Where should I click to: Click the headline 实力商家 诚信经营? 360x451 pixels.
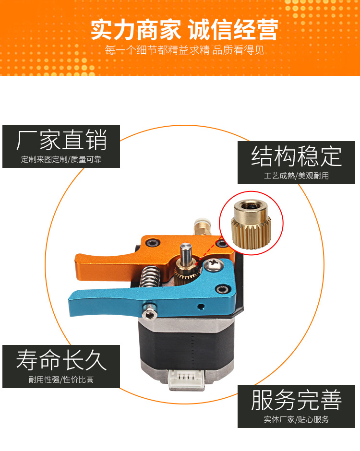click(184, 29)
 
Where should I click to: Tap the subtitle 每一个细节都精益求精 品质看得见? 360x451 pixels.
click(184, 50)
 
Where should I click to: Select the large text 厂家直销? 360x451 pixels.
click(61, 140)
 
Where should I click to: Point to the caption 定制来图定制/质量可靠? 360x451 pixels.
click(61, 159)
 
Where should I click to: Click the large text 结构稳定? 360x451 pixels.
click(297, 156)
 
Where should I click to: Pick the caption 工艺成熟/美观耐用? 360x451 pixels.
click(297, 176)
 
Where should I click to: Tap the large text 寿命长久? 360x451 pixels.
click(61, 360)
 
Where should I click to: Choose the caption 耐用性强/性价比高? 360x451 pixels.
click(61, 380)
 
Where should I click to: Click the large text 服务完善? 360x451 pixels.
click(297, 400)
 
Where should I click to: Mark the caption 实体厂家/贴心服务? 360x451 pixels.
click(297, 419)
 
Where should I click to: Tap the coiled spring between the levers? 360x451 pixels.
click(149, 277)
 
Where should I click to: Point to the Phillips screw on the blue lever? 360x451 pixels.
click(214, 264)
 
